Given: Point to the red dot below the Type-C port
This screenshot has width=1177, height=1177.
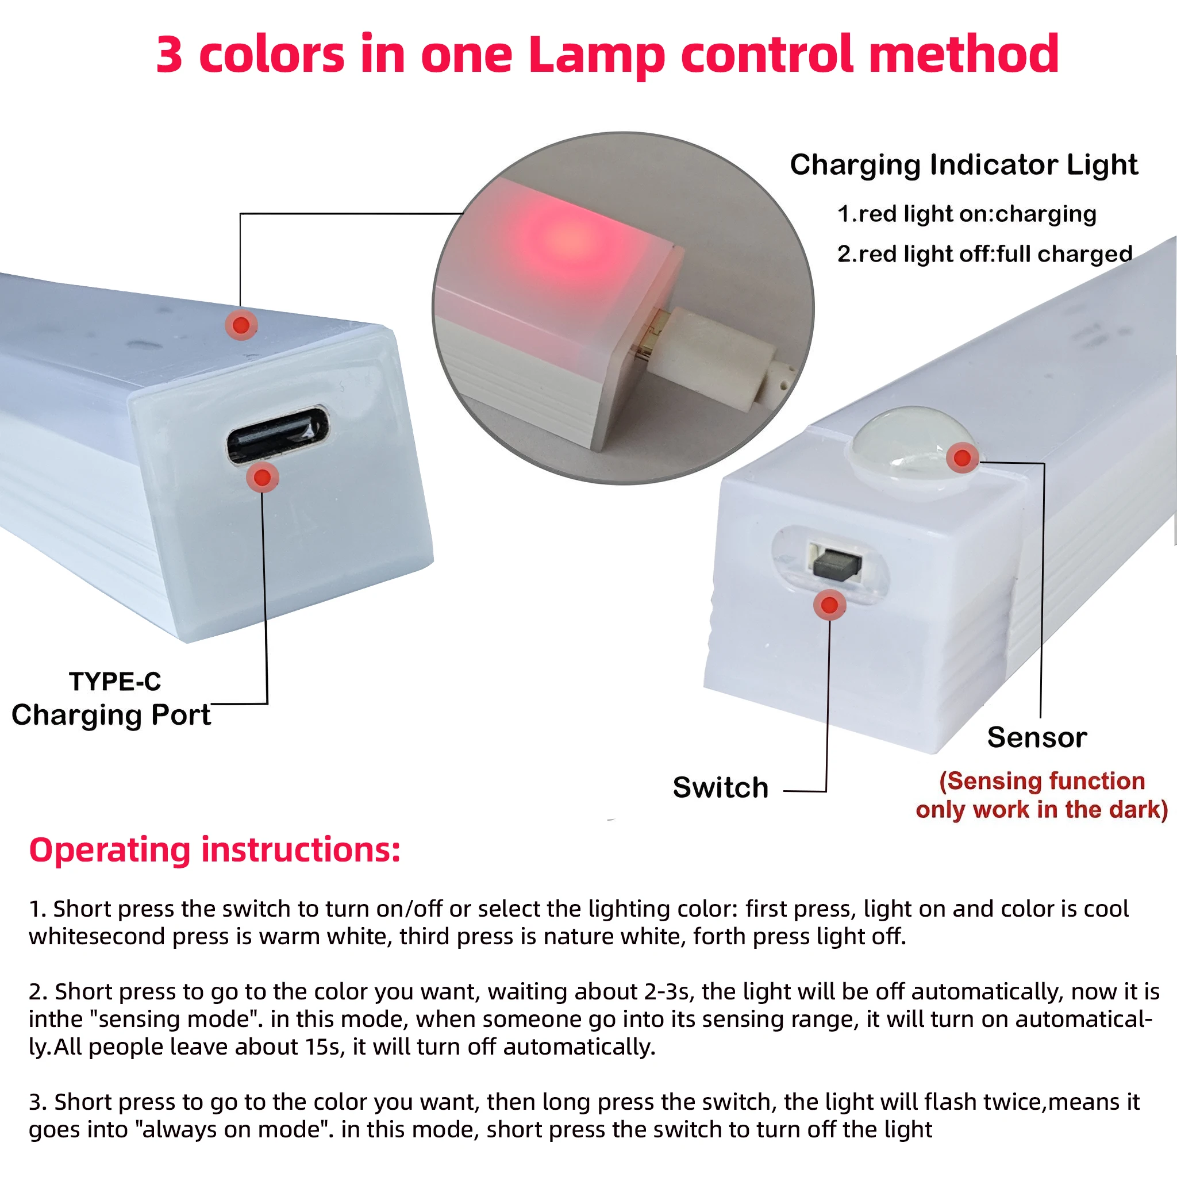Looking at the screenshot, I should click(263, 478).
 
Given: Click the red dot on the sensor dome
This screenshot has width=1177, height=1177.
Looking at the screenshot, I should click(963, 457).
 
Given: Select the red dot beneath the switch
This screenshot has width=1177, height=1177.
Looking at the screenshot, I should click(830, 605).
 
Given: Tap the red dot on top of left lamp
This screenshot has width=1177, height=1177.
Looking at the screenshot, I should click(241, 325).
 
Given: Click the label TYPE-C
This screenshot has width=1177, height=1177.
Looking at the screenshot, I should click(115, 682).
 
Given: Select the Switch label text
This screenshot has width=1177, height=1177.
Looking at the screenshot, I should click(721, 788).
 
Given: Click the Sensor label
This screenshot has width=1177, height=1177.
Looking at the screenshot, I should click(1037, 737).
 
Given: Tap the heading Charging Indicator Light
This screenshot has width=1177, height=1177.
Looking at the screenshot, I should click(964, 164).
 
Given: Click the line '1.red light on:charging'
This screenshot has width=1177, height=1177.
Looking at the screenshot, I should click(967, 214).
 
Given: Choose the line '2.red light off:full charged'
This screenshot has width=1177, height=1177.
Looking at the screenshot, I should click(984, 253).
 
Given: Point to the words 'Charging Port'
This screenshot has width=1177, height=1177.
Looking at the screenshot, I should click(111, 714).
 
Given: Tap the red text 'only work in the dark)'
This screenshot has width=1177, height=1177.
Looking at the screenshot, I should click(1041, 810).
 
